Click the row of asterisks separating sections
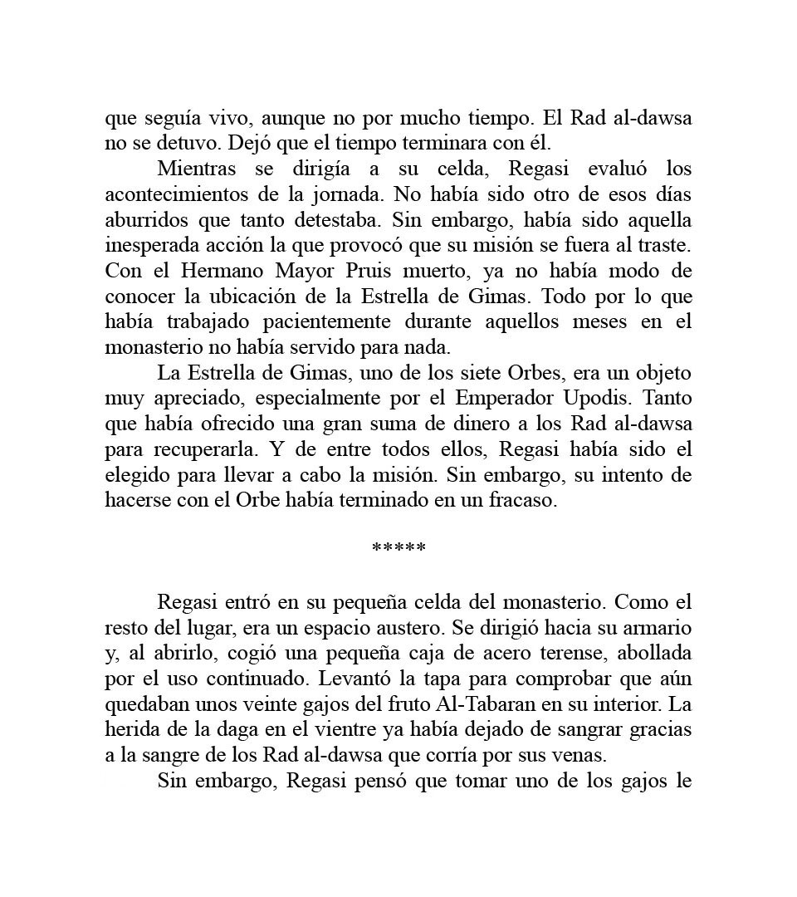tap(399, 548)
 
